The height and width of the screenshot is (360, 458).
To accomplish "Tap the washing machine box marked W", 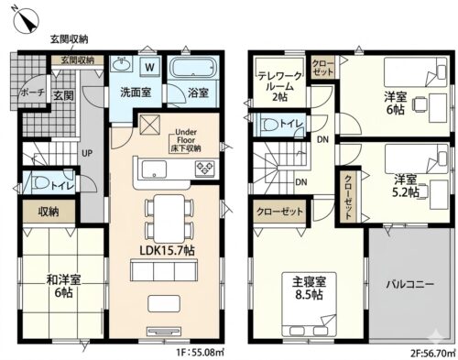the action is pos(149,67).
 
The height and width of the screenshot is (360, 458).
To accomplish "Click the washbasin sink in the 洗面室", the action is pos(122,64).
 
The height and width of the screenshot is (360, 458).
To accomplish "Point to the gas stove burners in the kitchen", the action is pos(205,169).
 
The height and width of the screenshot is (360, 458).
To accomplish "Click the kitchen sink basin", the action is pos(155,169).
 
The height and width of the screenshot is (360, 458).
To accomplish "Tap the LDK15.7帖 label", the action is pos(167,251).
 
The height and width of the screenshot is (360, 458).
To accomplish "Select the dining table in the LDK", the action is pos(169,219).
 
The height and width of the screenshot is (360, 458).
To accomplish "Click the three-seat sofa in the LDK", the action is pos(164,270).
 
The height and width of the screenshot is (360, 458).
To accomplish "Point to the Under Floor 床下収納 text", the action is pos(186,140).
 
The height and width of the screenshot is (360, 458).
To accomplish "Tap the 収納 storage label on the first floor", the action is pos(49,212).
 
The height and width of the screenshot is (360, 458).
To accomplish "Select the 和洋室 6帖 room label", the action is pos(63,286).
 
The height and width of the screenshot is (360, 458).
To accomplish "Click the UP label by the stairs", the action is pos(87,153).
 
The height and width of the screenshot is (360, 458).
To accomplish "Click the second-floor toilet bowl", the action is pos(270,125).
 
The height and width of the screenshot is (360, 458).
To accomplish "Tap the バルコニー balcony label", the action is pos(410,285).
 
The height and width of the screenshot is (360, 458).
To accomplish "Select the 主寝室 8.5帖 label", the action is pos(309,288).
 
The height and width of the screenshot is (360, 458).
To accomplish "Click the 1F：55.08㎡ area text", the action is pos(200,354).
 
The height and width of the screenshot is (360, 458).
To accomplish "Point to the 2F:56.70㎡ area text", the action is pos(433,354).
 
